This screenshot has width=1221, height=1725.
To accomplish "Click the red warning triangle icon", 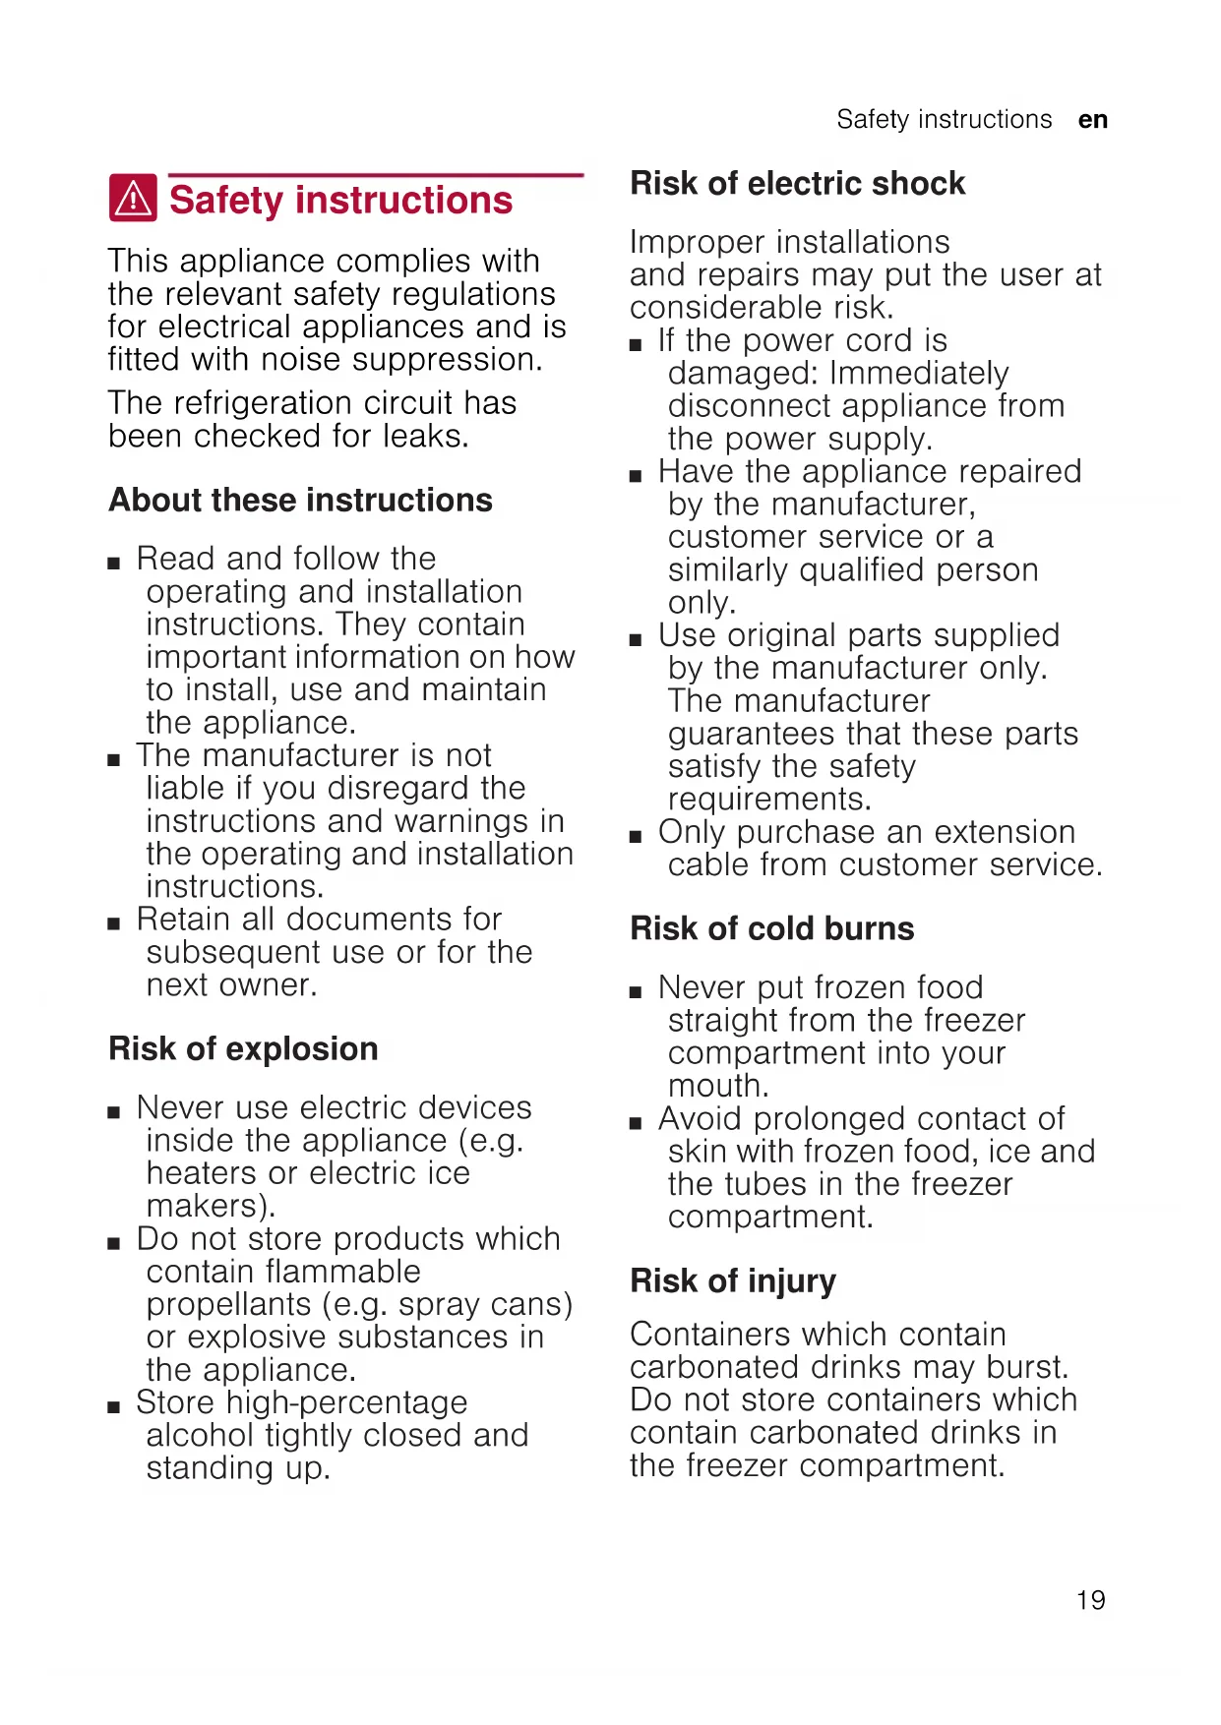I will [x=133, y=199].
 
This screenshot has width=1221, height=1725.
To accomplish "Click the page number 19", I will [x=1090, y=1600].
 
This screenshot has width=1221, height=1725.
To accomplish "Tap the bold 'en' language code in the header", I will [x=1093, y=120].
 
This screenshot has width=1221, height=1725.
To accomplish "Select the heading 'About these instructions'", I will [x=300, y=500].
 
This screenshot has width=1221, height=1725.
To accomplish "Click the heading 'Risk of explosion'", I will [x=243, y=1048].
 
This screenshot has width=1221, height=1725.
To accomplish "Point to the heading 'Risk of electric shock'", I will [x=797, y=183].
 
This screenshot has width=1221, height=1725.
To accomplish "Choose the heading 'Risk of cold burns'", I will [x=771, y=928].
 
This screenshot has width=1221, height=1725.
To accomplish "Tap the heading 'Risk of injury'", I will [x=733, y=1280].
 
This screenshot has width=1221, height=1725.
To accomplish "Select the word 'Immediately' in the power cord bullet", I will [x=919, y=374].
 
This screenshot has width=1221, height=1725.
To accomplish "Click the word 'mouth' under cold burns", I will [x=714, y=1086].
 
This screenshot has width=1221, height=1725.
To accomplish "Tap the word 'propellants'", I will [x=228, y=1304].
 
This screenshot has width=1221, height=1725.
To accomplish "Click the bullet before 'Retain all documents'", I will [x=115, y=923].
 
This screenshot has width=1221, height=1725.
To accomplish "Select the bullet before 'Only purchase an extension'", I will [x=637, y=837].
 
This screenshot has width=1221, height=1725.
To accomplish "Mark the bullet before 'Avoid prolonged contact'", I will [x=637, y=1123].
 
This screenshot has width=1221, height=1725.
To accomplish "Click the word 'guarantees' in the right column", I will [x=751, y=734].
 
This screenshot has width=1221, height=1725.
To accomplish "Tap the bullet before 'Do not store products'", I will [x=115, y=1243].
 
